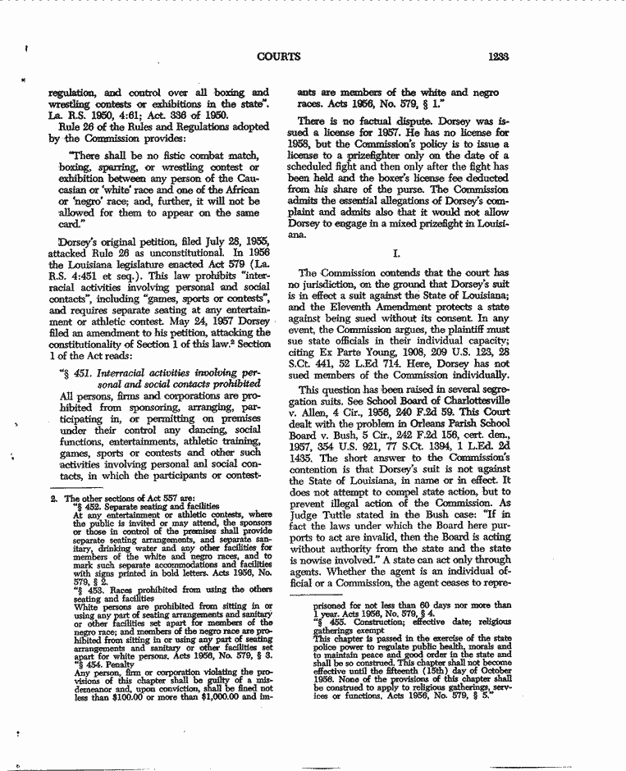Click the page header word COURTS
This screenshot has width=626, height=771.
278,57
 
